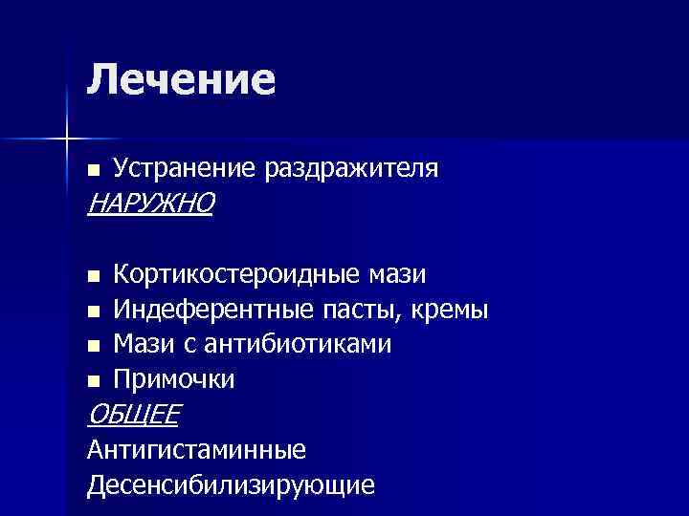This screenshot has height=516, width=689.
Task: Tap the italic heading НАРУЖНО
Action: [x=150, y=203]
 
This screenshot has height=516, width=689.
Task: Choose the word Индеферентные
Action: [x=212, y=310]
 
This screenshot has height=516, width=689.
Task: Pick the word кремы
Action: [x=452, y=310]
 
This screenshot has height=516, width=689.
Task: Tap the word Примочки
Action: [x=173, y=379]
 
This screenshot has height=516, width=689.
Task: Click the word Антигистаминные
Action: [x=195, y=448]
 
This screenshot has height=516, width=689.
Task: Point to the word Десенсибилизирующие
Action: [x=230, y=484]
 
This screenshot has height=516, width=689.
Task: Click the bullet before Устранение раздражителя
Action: [x=92, y=170]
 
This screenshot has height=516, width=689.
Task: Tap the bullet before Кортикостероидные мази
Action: [x=92, y=277]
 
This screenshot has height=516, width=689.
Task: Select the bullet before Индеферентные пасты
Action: [x=92, y=312]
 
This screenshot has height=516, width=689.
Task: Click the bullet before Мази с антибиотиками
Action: [x=92, y=346]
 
